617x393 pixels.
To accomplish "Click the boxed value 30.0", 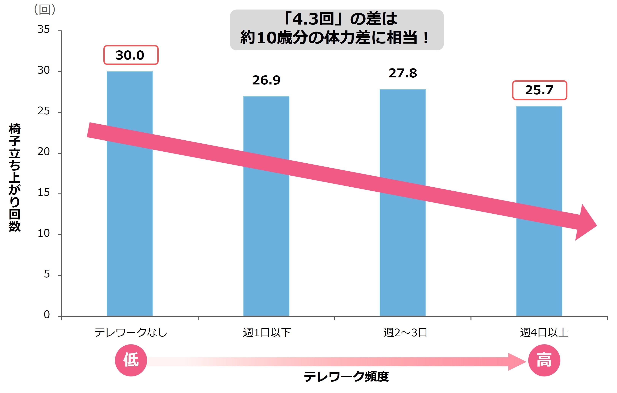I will tap(131, 55).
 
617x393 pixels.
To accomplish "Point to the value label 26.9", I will tap(266, 80).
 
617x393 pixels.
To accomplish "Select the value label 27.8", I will tap(403, 73).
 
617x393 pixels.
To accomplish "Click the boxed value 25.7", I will tap(539, 90).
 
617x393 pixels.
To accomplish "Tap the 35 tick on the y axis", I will tap(44, 29).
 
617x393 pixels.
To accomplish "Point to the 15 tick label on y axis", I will tap(44, 193).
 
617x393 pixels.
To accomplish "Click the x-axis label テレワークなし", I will tap(131, 333).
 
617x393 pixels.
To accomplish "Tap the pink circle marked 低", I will tap(131, 360).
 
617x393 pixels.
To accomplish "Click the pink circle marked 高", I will tap(544, 360).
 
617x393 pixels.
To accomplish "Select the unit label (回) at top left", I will tap(45, 10).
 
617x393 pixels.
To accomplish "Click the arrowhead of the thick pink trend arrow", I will tap(585, 223).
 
